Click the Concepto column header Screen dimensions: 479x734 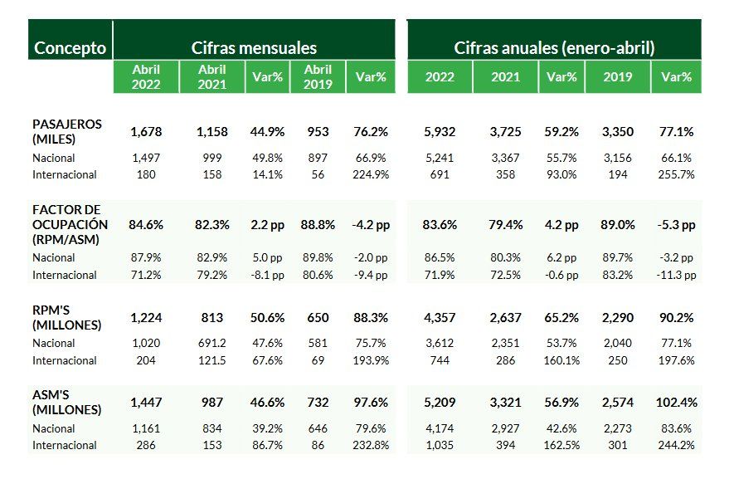click(70, 48)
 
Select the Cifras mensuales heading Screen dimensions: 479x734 click(254, 48)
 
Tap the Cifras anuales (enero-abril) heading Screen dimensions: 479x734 click(554, 48)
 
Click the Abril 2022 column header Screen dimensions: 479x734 click(146, 76)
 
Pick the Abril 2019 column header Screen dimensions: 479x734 click(318, 76)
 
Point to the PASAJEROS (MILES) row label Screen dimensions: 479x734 click(67, 131)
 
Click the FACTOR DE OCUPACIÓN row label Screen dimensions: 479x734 click(70, 224)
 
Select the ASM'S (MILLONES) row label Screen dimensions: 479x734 click(67, 402)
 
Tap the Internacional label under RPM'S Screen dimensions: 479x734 click(65, 360)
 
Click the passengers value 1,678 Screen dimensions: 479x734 click(146, 131)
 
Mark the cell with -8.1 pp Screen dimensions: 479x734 click(266, 275)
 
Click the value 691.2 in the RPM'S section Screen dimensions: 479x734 click(211, 344)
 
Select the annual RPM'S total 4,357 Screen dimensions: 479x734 click(440, 317)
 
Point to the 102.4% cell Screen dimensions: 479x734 click(676, 402)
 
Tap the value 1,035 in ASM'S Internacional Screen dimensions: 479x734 click(440, 445)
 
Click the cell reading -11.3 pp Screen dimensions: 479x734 click(676, 275)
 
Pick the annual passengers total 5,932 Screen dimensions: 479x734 click(440, 131)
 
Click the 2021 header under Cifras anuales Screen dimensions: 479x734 click(506, 76)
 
